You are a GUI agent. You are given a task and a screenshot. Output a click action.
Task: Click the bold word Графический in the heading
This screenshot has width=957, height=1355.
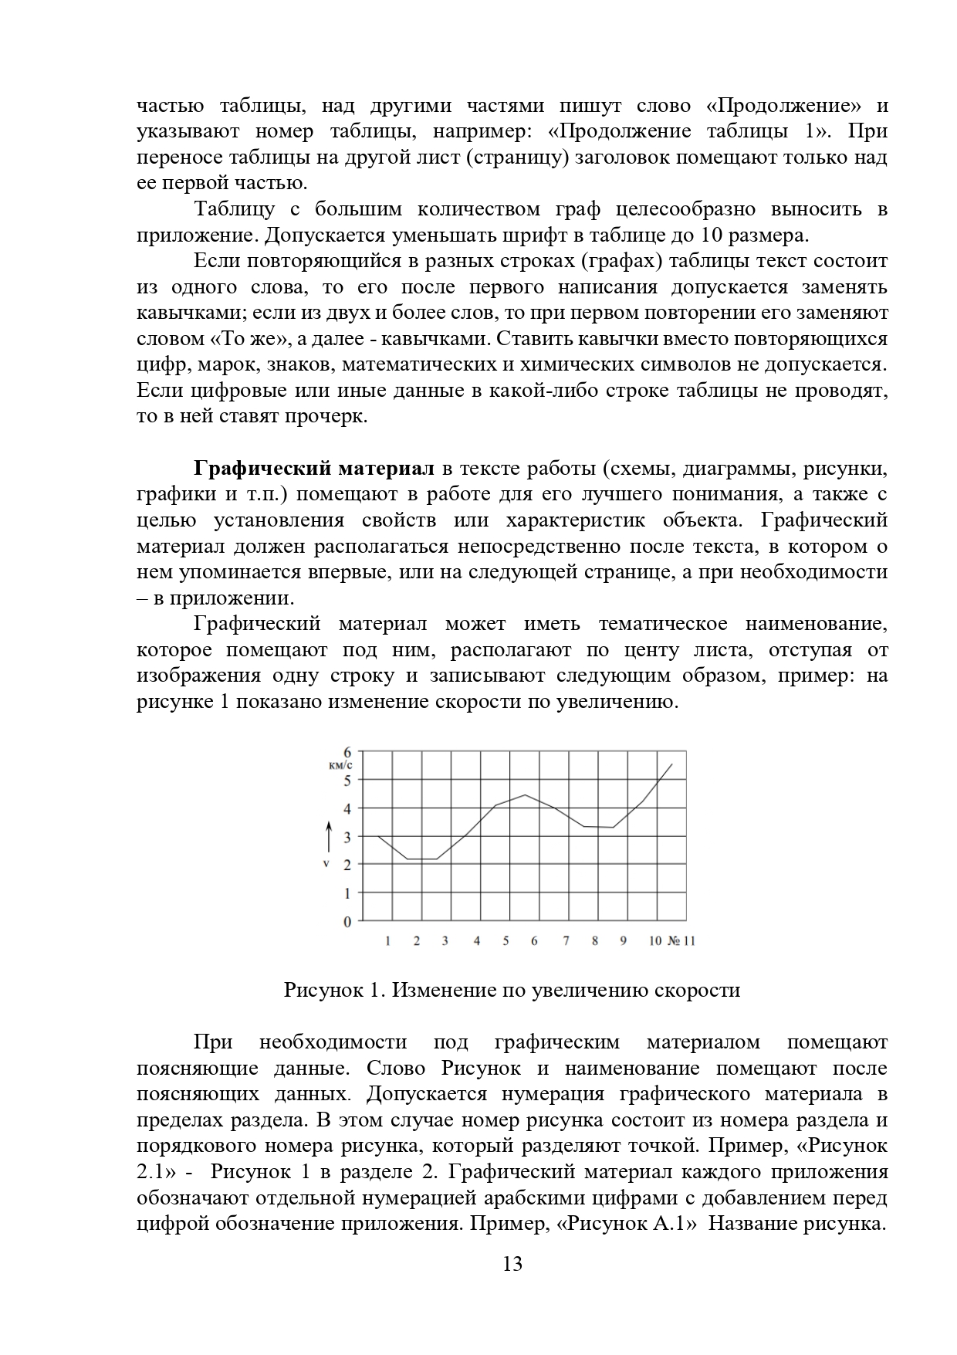pos(254,469)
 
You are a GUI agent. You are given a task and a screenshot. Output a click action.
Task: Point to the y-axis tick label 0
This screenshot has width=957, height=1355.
pos(347,921)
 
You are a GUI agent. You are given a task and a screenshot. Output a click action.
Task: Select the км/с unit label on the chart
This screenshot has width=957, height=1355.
pos(340,765)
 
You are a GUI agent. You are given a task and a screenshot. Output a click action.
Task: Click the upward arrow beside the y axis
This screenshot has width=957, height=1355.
pos(328,836)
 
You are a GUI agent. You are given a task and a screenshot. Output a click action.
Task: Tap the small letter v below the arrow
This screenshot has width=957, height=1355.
pos(326,863)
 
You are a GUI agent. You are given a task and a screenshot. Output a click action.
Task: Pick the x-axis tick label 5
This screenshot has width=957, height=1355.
pos(506,941)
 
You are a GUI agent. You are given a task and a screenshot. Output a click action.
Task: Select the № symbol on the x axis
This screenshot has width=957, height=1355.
pos(673,941)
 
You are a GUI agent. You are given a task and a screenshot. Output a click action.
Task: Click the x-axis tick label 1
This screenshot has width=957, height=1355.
pos(387,941)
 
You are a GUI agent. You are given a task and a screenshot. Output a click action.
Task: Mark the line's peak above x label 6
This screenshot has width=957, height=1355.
pos(526,795)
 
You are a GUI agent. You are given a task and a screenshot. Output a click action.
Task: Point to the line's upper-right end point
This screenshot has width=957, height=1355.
pos(672,764)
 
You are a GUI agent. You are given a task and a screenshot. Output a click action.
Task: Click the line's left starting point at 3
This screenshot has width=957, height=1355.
pos(379,836)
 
